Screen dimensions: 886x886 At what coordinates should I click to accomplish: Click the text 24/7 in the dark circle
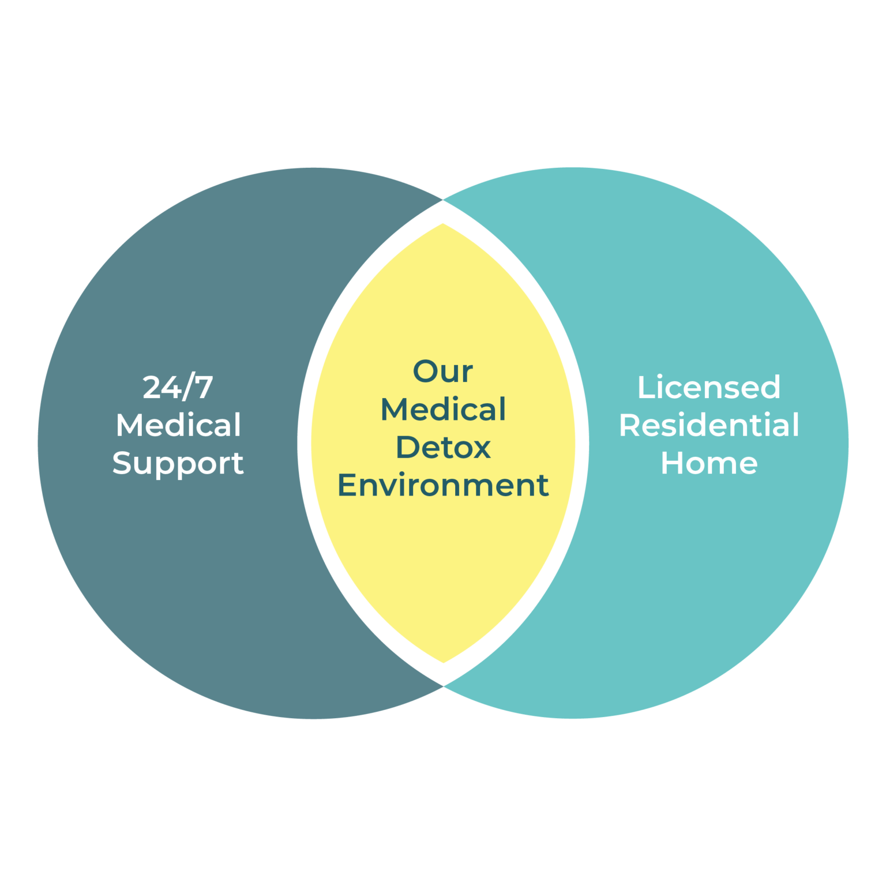coord(178,388)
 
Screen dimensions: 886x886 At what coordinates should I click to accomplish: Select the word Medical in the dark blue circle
coord(178,426)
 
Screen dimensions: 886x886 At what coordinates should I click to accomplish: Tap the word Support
coord(178,464)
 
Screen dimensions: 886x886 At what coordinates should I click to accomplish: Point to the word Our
coord(443,371)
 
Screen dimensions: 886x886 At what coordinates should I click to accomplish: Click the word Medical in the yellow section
coord(443,410)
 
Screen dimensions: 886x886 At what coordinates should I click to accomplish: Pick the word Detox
coord(443,448)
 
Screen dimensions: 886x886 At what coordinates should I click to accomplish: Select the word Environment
coord(443,486)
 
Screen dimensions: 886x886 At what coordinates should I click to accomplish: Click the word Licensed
coord(709,388)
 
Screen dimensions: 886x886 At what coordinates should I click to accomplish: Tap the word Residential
coord(709,426)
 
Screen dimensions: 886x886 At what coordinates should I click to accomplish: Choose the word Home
coord(709,463)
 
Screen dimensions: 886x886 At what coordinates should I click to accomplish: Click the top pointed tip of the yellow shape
coord(443,224)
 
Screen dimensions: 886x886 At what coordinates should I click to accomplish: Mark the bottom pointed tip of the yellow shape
coord(443,662)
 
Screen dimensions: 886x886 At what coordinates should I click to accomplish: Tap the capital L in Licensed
coord(644,388)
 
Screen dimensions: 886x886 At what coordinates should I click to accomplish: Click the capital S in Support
coord(122,463)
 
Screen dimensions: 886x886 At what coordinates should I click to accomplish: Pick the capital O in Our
coord(426,371)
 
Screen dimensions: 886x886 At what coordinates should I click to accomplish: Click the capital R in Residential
coord(630,426)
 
